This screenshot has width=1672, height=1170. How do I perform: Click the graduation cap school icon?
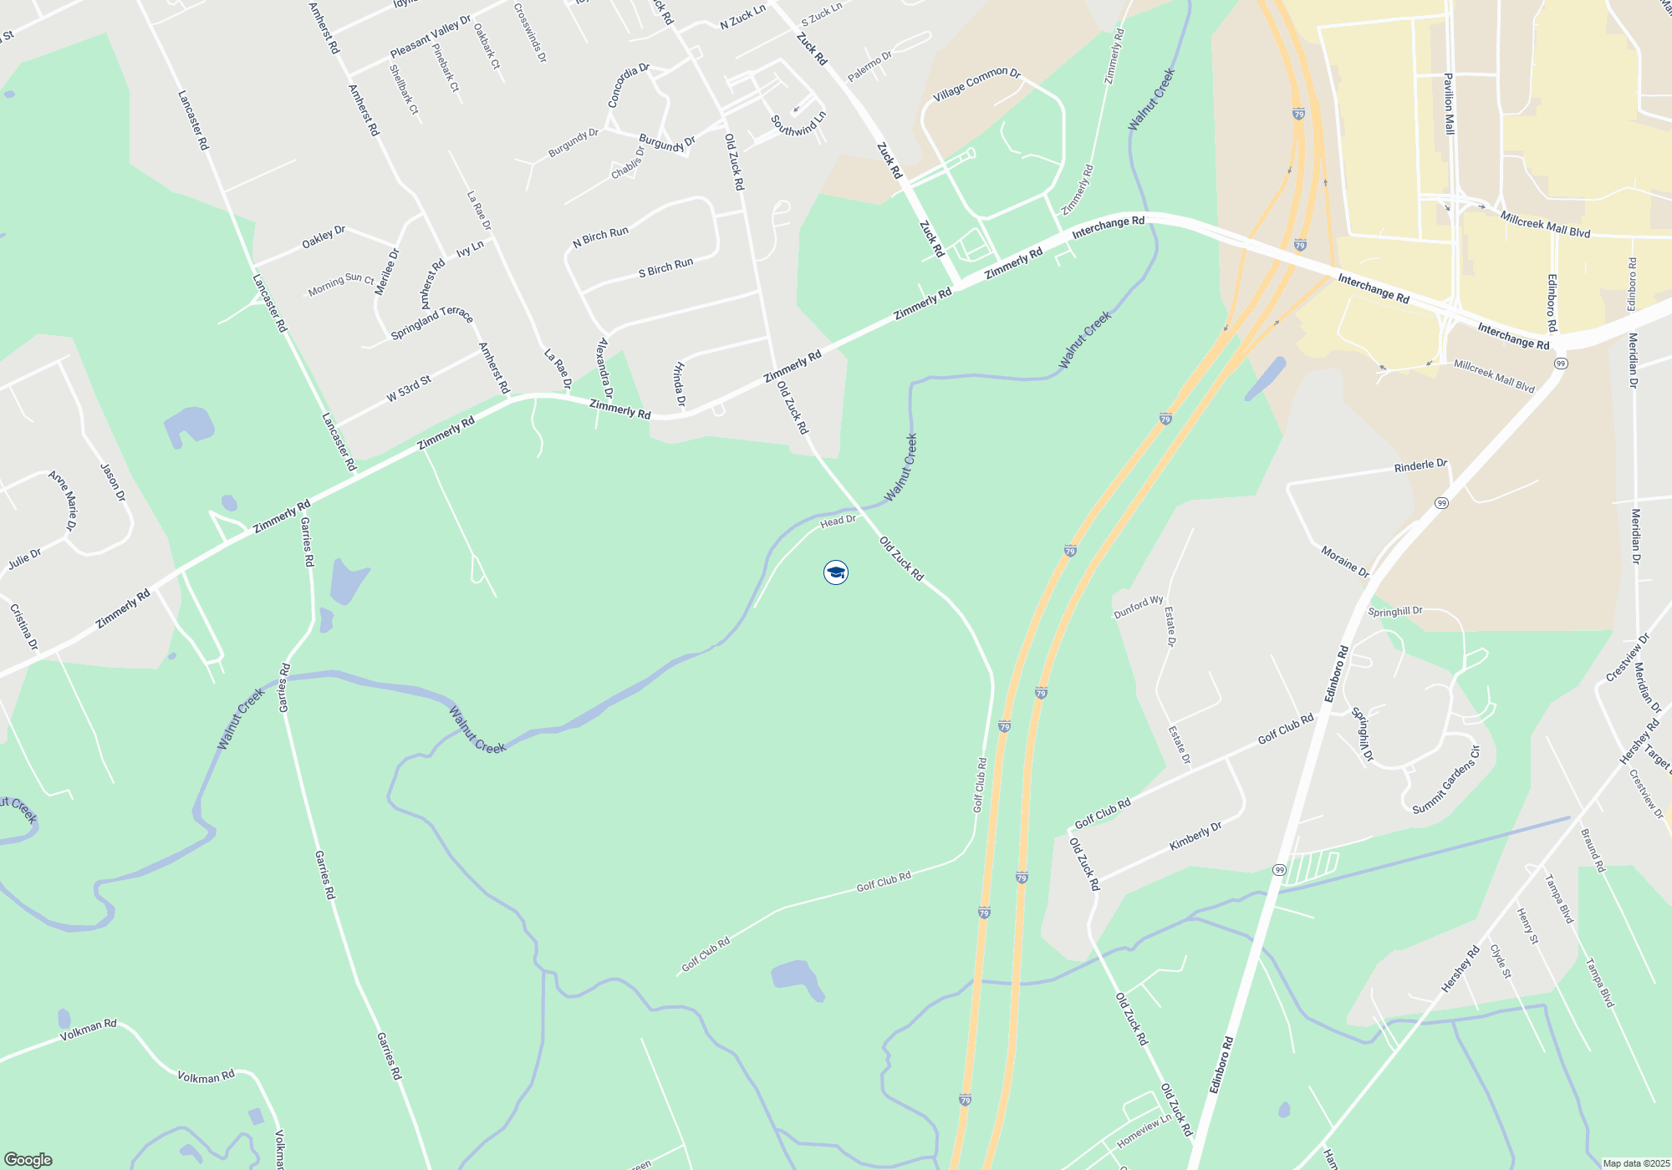tap(836, 572)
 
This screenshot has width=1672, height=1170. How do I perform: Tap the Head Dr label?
tap(838, 521)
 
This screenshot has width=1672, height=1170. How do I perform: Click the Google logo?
tap(28, 1160)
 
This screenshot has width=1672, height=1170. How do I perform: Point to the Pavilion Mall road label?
tap(1450, 104)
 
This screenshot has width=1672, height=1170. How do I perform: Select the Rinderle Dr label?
tap(1420, 465)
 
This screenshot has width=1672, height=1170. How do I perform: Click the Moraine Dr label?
tap(1344, 562)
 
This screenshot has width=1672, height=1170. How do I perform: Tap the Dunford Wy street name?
tap(1138, 607)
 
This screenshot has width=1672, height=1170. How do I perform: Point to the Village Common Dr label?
tap(976, 84)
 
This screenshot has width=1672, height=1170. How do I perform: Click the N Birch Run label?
tap(600, 237)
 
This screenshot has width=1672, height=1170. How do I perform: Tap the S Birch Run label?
tap(665, 268)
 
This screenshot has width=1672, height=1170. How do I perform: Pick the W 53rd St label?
tap(409, 389)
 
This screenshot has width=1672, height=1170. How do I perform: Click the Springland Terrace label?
tap(432, 323)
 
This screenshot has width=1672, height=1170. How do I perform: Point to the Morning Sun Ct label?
tap(341, 284)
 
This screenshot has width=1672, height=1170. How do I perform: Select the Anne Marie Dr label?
tap(63, 500)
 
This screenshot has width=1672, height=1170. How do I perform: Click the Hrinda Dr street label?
tap(680, 385)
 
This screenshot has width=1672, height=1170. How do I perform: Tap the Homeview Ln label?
tap(1144, 1131)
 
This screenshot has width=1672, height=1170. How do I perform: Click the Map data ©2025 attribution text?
tap(1635, 1163)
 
